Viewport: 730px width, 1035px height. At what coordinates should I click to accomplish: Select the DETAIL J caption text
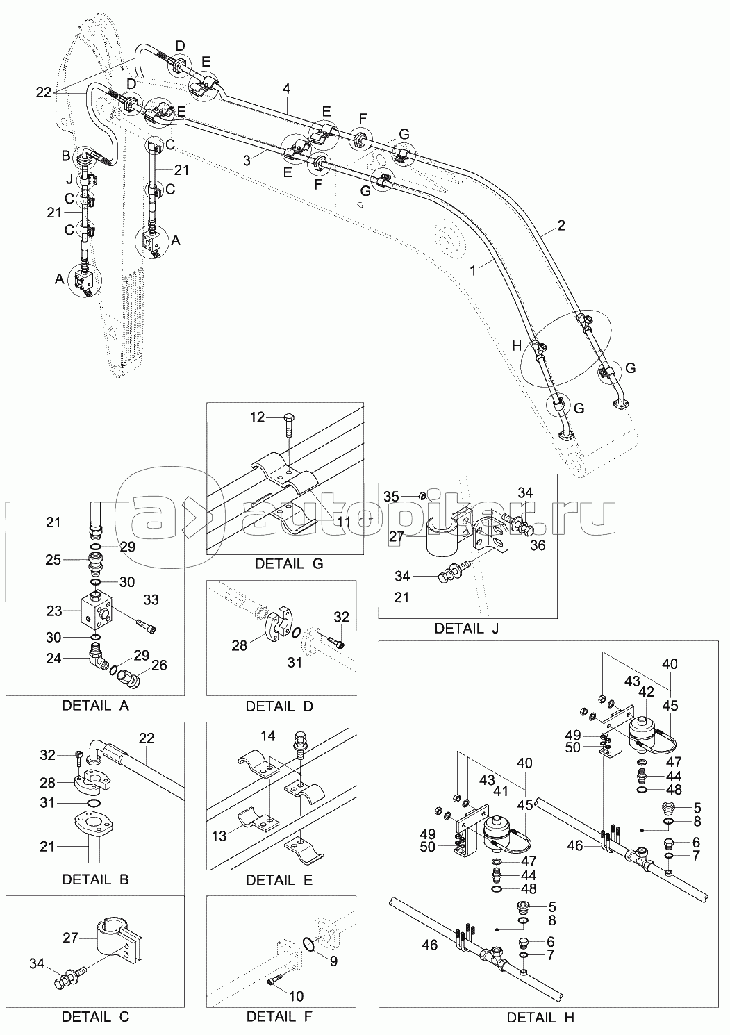466,629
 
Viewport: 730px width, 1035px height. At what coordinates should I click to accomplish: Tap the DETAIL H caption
540,1018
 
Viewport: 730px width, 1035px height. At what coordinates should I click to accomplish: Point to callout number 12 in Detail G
257,417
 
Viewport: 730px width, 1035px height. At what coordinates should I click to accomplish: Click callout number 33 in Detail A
151,599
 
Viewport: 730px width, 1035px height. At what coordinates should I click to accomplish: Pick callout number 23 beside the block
53,612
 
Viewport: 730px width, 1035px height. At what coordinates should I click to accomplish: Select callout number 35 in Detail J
392,497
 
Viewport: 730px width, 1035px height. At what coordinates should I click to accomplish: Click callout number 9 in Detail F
333,962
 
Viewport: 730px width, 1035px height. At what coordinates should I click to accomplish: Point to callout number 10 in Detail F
296,995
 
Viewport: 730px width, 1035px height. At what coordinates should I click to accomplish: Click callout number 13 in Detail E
219,836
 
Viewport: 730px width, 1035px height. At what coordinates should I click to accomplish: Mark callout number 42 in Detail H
647,692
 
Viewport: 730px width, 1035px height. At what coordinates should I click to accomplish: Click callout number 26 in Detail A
159,665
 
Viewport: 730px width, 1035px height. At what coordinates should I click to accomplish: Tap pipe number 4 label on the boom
285,88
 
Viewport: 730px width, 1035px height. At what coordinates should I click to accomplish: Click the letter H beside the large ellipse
515,345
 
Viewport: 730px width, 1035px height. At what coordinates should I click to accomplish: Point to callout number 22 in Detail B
146,738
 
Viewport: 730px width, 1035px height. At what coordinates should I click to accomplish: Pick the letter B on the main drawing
67,155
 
